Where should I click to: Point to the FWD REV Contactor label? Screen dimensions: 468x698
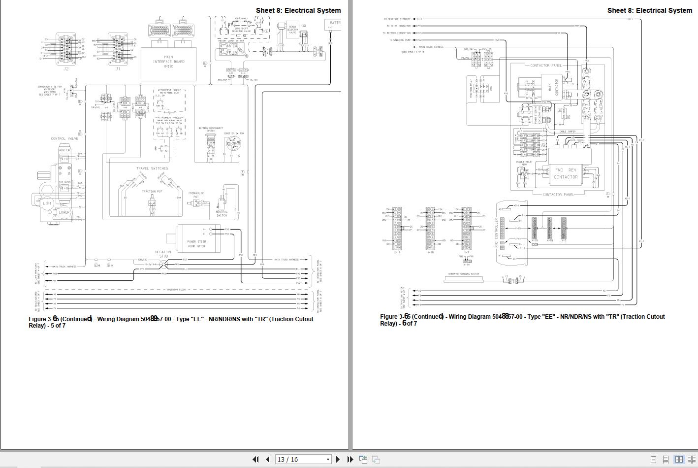pos(566,173)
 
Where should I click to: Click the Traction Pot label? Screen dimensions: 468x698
pos(152,192)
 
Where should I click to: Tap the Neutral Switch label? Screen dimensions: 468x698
pos(222,213)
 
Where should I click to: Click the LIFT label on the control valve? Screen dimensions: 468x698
pos(47,203)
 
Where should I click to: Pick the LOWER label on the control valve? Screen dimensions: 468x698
pos(64,212)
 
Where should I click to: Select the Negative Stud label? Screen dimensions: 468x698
pos(164,254)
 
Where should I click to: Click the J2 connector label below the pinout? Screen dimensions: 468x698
pos(66,69)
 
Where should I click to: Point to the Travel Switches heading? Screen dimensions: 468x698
pos(152,168)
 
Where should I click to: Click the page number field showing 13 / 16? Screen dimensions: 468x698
pos(302,459)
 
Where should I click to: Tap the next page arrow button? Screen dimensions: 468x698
pos(338,459)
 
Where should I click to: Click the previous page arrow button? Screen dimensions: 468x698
pos(267,459)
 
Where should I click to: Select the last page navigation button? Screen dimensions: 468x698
pos(350,459)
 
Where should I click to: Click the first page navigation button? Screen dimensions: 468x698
pos(255,459)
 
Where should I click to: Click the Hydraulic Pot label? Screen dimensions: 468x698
pos(196,195)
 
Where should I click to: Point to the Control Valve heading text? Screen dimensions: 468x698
pos(64,139)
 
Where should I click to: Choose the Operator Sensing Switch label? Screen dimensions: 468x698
pos(463,274)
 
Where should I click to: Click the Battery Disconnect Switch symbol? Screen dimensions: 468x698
pos(211,143)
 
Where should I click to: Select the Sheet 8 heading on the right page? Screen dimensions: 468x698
pos(649,10)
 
